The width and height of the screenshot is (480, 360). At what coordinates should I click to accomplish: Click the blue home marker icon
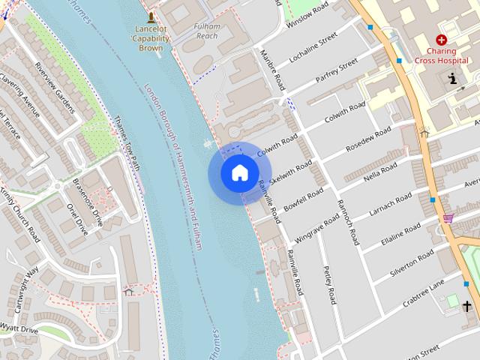pyautogui.click(x=239, y=173)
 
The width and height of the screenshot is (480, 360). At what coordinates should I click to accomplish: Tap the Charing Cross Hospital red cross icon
pyautogui.click(x=441, y=40)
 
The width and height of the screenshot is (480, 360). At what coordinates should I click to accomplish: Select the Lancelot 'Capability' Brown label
pyautogui.click(x=151, y=37)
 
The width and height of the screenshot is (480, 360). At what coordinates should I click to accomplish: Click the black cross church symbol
pyautogui.click(x=467, y=306)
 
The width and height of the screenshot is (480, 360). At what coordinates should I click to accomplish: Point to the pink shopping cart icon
pyautogui.click(x=448, y=217)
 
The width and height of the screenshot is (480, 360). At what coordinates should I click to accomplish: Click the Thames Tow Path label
pyautogui.click(x=128, y=141)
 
